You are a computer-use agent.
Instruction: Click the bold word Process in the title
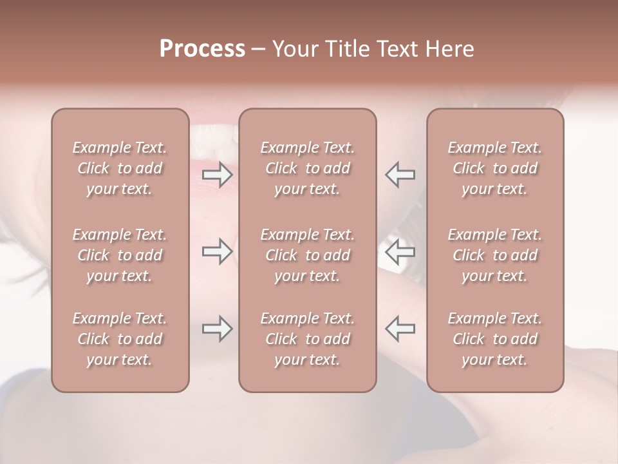(x=202, y=49)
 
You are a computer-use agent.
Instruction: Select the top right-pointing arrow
(x=217, y=174)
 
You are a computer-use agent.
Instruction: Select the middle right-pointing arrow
(x=217, y=251)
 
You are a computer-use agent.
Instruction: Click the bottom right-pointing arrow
(x=217, y=329)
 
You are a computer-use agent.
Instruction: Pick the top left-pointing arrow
(x=400, y=174)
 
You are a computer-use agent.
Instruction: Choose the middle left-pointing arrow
(x=400, y=251)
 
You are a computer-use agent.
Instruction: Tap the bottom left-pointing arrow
(x=400, y=329)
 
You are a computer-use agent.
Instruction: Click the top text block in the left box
(x=120, y=168)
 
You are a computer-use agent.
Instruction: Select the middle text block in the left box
(x=120, y=255)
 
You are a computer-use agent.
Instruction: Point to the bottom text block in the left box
(x=120, y=339)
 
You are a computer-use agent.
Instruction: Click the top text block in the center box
(x=308, y=168)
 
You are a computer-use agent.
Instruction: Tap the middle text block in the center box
(x=308, y=255)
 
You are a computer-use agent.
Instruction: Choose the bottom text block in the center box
(x=308, y=339)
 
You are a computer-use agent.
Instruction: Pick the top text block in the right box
(x=495, y=168)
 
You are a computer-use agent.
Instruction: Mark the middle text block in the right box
(x=495, y=255)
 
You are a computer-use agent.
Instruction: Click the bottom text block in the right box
(x=495, y=339)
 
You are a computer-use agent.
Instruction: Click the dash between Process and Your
(x=258, y=50)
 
